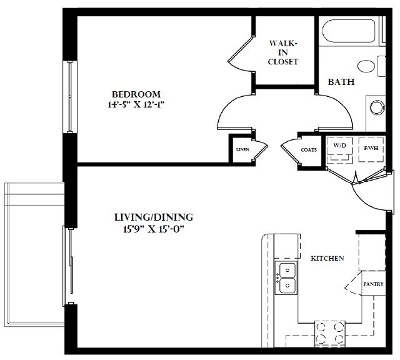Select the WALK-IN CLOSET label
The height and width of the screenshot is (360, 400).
pyautogui.click(x=282, y=52)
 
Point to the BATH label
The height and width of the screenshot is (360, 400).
pyautogui.click(x=341, y=82)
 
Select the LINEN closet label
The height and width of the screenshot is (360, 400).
pyautogui.click(x=242, y=150)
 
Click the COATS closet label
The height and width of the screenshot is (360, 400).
pyautogui.click(x=309, y=150)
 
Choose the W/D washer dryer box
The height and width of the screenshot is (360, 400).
pyautogui.click(x=339, y=148)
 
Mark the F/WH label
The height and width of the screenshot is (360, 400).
pyautogui.click(x=371, y=148)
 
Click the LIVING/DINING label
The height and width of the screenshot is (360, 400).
pyautogui.click(x=153, y=217)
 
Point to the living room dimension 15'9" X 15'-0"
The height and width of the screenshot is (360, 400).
pyautogui.click(x=153, y=229)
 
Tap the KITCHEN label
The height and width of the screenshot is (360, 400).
pyautogui.click(x=327, y=258)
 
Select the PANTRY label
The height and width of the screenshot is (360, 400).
pyautogui.click(x=373, y=284)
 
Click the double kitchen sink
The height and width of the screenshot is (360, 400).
pyautogui.click(x=287, y=278)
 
